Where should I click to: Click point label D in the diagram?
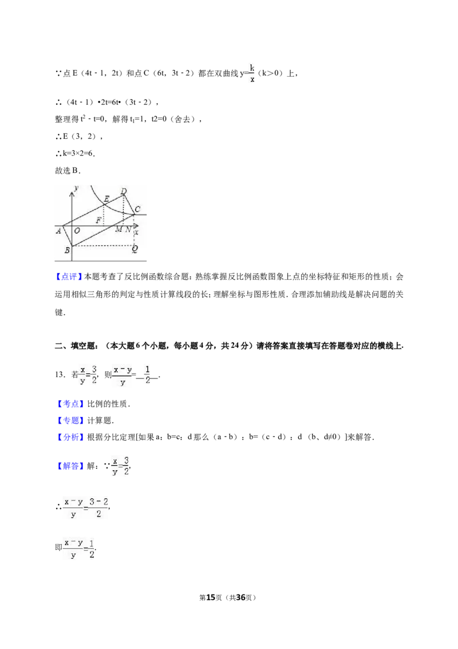coord(124,191)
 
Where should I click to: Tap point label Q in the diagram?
coord(135,249)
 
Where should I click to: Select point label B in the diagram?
coord(67,251)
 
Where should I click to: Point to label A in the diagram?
coord(59,231)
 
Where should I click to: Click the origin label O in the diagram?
coord(77,231)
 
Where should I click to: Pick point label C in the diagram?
coord(137,209)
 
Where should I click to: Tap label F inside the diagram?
coord(98,220)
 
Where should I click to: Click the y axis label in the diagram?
coord(77,188)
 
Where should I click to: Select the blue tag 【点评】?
coord(68,276)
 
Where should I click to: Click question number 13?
coord(60,375)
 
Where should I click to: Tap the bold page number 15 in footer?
coord(211,597)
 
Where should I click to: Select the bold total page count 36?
coord(240,597)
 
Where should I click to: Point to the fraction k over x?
coord(252,73)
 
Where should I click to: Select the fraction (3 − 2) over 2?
coord(98,507)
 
